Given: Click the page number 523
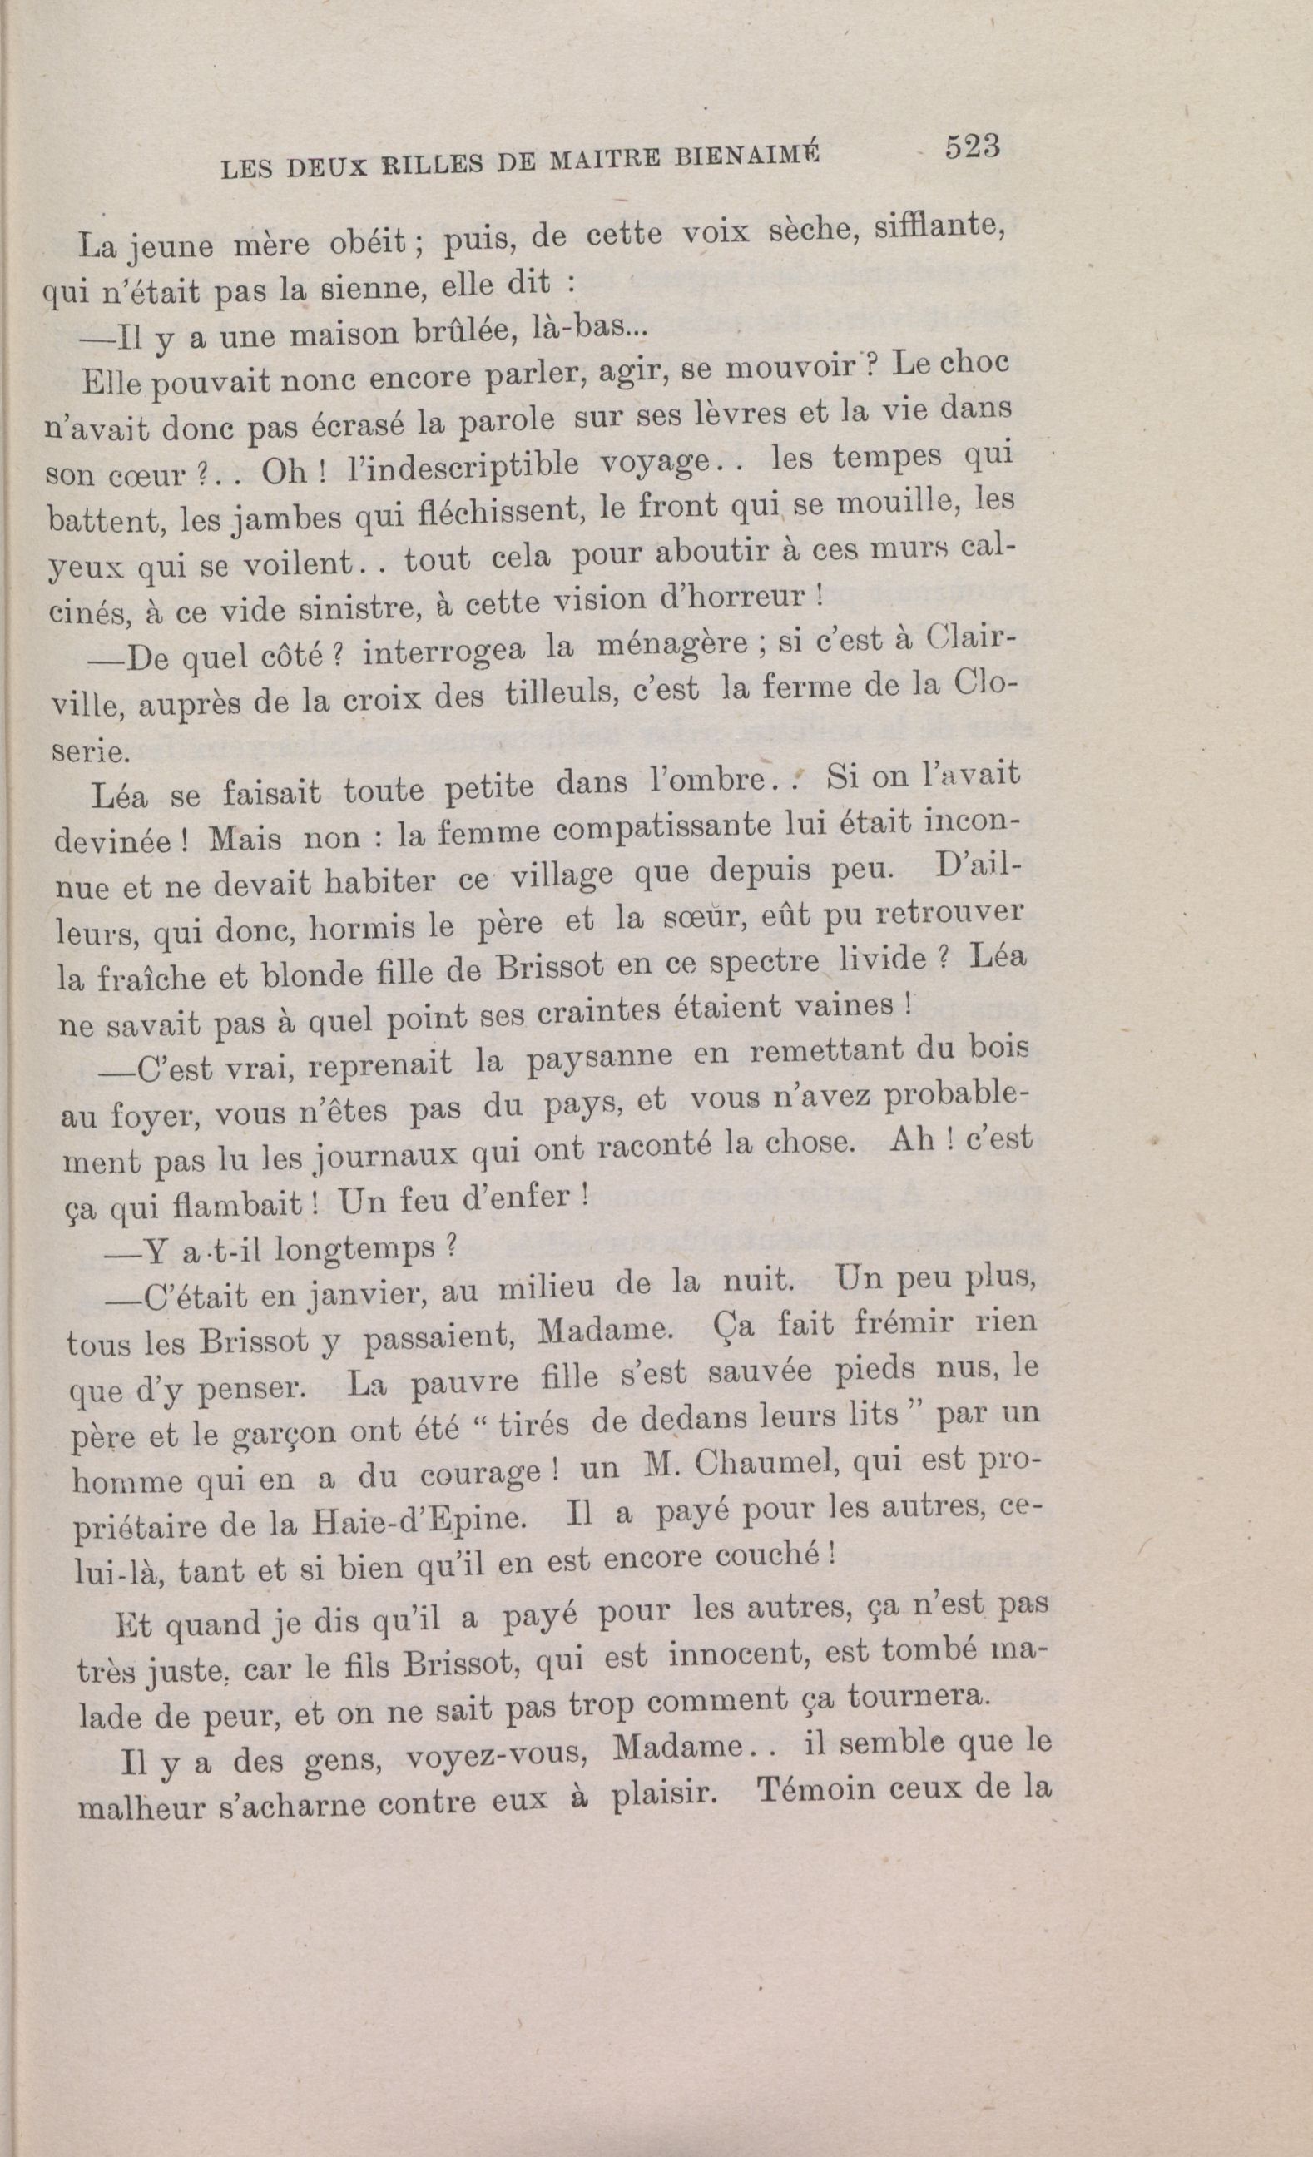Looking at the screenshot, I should pyautogui.click(x=971, y=147).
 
